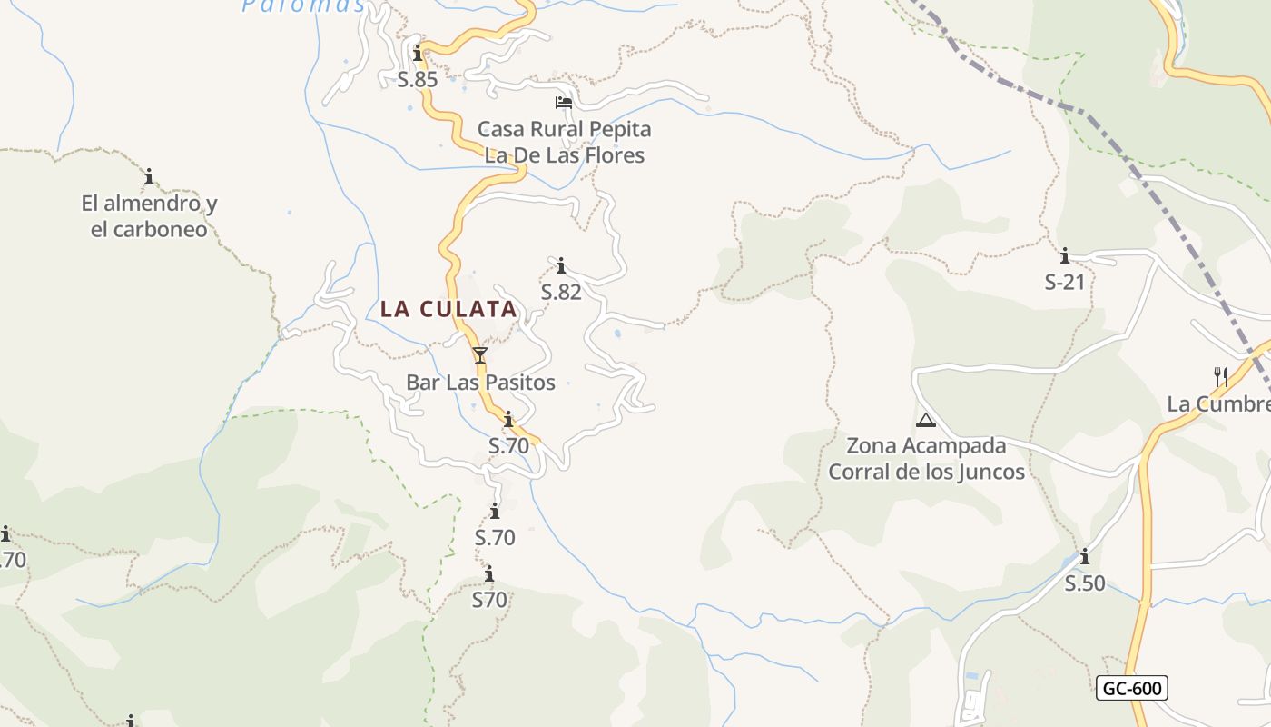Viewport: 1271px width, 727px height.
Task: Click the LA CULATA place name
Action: [448, 309]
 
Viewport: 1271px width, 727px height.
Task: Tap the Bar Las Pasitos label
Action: [480, 383]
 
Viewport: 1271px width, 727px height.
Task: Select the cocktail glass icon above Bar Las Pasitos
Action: [480, 354]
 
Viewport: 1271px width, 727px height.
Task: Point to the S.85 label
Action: [418, 79]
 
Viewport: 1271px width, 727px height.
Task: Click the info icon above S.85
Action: [418, 54]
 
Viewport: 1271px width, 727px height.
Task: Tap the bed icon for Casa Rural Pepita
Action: [564, 103]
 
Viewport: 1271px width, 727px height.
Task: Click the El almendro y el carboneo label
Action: [149, 216]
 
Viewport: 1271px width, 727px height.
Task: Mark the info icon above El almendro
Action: [149, 176]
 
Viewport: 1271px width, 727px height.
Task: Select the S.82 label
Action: [561, 292]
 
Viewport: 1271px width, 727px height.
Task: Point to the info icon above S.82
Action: [561, 265]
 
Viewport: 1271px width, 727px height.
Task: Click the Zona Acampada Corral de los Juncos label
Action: [926, 459]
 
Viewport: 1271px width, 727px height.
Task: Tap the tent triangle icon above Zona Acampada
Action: [926, 420]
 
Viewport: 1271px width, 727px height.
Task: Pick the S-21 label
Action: [1065, 282]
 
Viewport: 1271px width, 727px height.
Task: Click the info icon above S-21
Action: [1065, 256]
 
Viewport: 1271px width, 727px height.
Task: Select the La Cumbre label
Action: [1218, 404]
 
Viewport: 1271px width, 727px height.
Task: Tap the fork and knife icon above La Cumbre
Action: [1221, 375]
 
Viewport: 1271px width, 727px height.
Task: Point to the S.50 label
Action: [1085, 583]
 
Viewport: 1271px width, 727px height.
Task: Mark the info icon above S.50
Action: [1084, 556]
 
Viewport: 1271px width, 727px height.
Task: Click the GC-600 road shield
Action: [1131, 689]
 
